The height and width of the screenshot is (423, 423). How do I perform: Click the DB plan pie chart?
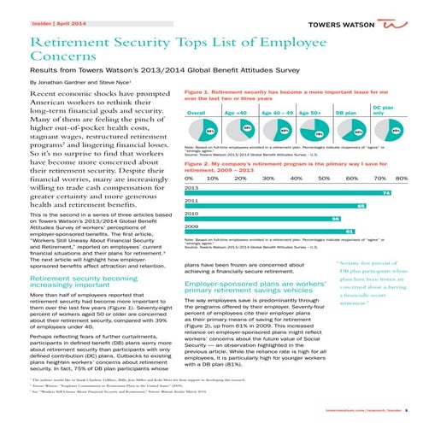pos(349,132)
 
